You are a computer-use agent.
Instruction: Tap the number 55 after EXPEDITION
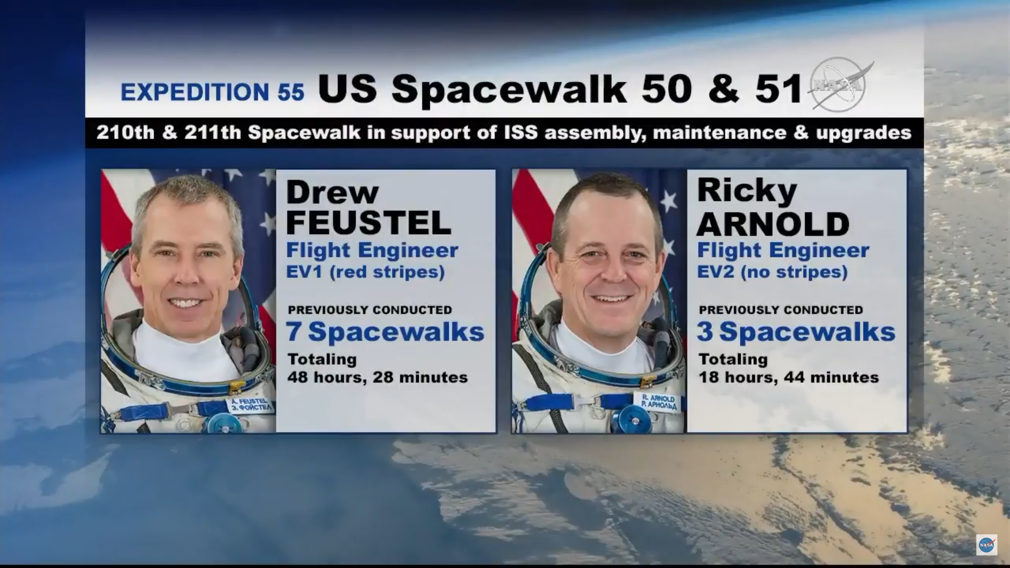pyautogui.click(x=291, y=92)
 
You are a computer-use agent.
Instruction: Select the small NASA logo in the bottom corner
pyautogui.click(x=987, y=545)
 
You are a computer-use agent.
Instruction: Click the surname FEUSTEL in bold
pyautogui.click(x=369, y=222)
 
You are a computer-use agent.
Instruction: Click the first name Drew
pyautogui.click(x=332, y=192)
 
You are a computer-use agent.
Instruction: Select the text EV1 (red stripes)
pyautogui.click(x=366, y=272)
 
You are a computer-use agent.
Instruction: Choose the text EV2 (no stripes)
pyautogui.click(x=773, y=272)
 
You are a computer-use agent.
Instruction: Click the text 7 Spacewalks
pyautogui.click(x=385, y=332)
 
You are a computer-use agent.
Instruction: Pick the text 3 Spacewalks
pyautogui.click(x=796, y=332)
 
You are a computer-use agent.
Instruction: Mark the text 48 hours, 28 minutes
pyautogui.click(x=377, y=377)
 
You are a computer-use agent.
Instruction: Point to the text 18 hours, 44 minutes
pyautogui.click(x=789, y=377)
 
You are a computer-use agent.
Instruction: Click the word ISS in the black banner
pyautogui.click(x=521, y=132)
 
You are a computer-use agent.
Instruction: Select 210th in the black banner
pyautogui.click(x=125, y=132)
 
